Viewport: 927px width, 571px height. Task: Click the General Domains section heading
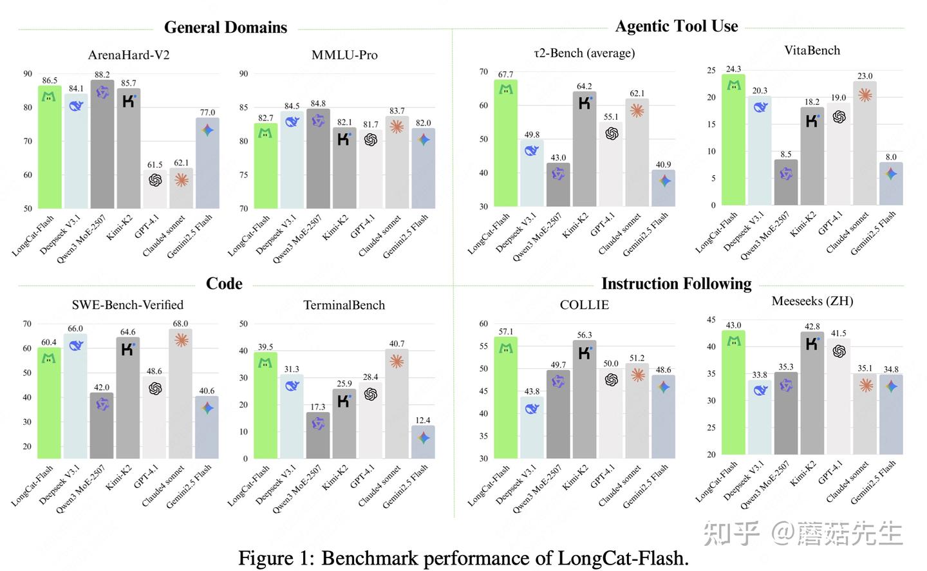225,27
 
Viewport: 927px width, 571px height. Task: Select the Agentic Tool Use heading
676,26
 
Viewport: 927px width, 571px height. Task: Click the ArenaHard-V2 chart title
128,55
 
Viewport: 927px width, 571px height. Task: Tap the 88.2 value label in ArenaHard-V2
102,75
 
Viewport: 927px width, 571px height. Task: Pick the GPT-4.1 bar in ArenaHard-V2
155,189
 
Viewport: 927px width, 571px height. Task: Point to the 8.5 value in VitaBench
785,154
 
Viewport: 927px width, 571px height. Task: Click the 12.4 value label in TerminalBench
422,420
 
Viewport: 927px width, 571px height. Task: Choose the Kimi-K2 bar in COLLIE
584,399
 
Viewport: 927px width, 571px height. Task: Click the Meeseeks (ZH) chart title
812,301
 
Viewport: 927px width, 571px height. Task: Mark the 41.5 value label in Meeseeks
838,333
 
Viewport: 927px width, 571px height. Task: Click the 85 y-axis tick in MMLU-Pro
243,108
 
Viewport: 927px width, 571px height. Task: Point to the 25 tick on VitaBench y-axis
711,70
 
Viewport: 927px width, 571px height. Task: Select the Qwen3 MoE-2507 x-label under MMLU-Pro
297,239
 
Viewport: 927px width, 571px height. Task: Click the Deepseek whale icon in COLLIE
532,408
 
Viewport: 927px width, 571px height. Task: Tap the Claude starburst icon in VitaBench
865,95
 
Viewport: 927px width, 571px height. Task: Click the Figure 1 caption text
463,557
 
